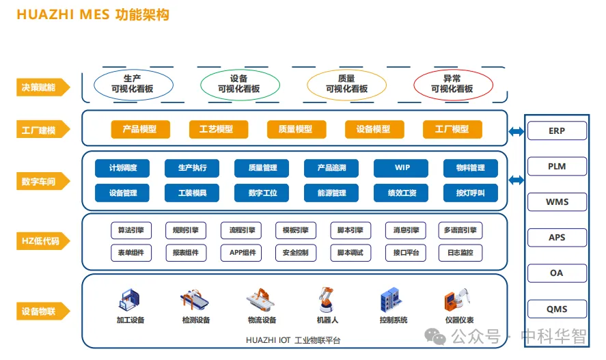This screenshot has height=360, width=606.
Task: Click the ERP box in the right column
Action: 557,130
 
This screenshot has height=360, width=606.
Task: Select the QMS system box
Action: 557,309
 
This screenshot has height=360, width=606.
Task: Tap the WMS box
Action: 557,202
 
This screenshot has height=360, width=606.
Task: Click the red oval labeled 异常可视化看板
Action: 452,84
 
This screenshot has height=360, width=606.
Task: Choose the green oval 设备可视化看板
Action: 238,84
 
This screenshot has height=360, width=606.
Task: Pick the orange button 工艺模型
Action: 216,129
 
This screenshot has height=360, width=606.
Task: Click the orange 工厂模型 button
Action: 452,129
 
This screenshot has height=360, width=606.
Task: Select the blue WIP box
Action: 402,168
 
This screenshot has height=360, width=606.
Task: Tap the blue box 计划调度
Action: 123,168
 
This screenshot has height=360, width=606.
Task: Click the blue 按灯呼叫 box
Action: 470,193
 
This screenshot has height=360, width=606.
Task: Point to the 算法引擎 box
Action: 131,230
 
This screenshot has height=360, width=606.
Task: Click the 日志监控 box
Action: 460,253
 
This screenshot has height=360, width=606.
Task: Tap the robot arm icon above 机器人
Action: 327,299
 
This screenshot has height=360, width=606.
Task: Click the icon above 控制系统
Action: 393,300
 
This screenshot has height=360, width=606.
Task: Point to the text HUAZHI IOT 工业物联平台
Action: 293,340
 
